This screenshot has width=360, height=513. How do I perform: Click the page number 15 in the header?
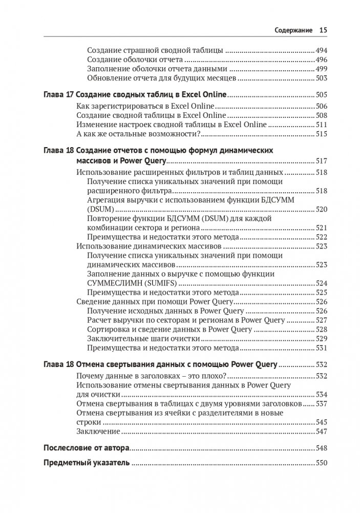[323, 30]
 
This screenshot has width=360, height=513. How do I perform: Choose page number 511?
[321, 125]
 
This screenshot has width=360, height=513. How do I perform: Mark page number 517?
[321, 160]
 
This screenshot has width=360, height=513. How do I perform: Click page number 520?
[321, 209]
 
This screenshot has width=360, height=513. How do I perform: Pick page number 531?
[321, 348]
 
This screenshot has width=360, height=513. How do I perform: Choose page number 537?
[321, 404]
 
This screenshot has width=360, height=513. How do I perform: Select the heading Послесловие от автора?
[86, 448]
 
